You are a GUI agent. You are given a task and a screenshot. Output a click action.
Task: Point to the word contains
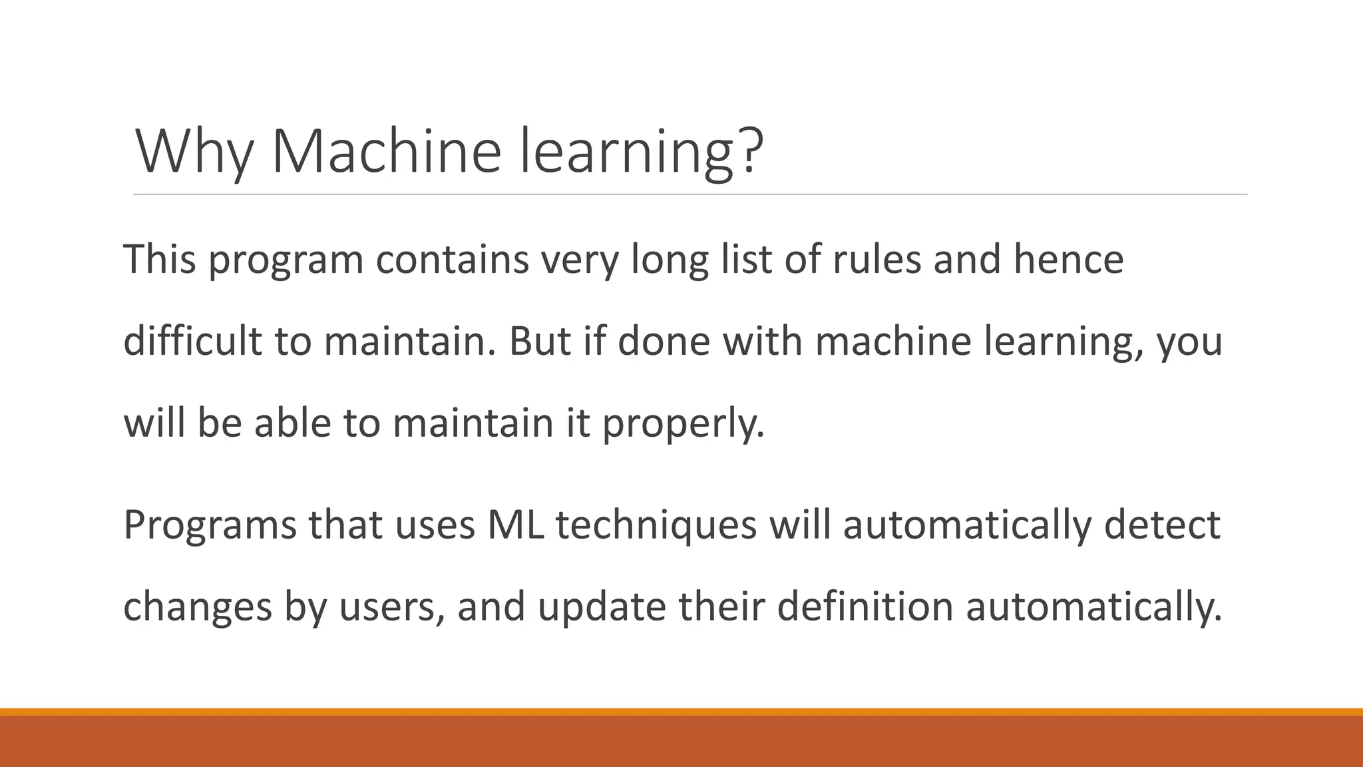452,259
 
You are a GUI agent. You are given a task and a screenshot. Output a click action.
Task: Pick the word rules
876,259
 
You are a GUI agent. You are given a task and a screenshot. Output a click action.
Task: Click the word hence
1068,259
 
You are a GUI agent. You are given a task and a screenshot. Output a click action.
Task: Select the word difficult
193,341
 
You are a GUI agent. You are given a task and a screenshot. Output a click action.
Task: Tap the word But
540,341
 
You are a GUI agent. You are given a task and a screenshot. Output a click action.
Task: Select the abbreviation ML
515,525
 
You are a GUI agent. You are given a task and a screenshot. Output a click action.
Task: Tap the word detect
1162,525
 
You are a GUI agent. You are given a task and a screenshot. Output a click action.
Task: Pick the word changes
198,607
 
